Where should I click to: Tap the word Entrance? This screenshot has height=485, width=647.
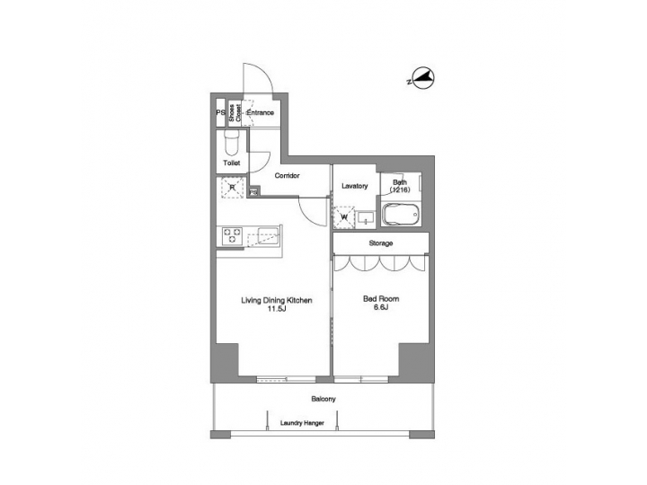pos(260,113)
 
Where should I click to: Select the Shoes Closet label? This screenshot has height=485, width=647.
pos(232,113)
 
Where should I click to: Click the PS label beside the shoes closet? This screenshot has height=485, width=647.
pos(219,113)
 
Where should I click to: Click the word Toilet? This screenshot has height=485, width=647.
pos(231,164)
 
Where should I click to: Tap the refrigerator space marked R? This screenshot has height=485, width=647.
pos(231,187)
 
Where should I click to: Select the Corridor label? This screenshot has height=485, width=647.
pos(287,176)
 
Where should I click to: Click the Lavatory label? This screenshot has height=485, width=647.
pos(355,186)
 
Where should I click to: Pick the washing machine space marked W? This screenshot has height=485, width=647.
pos(344,216)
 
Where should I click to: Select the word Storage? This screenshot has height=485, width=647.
pos(380,243)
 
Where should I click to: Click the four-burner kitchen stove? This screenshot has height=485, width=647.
pos(231,236)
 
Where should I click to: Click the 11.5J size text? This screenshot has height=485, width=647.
pos(275,310)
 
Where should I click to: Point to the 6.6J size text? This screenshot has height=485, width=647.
pos(380,307)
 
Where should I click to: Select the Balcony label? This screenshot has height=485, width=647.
pos(323,399)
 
